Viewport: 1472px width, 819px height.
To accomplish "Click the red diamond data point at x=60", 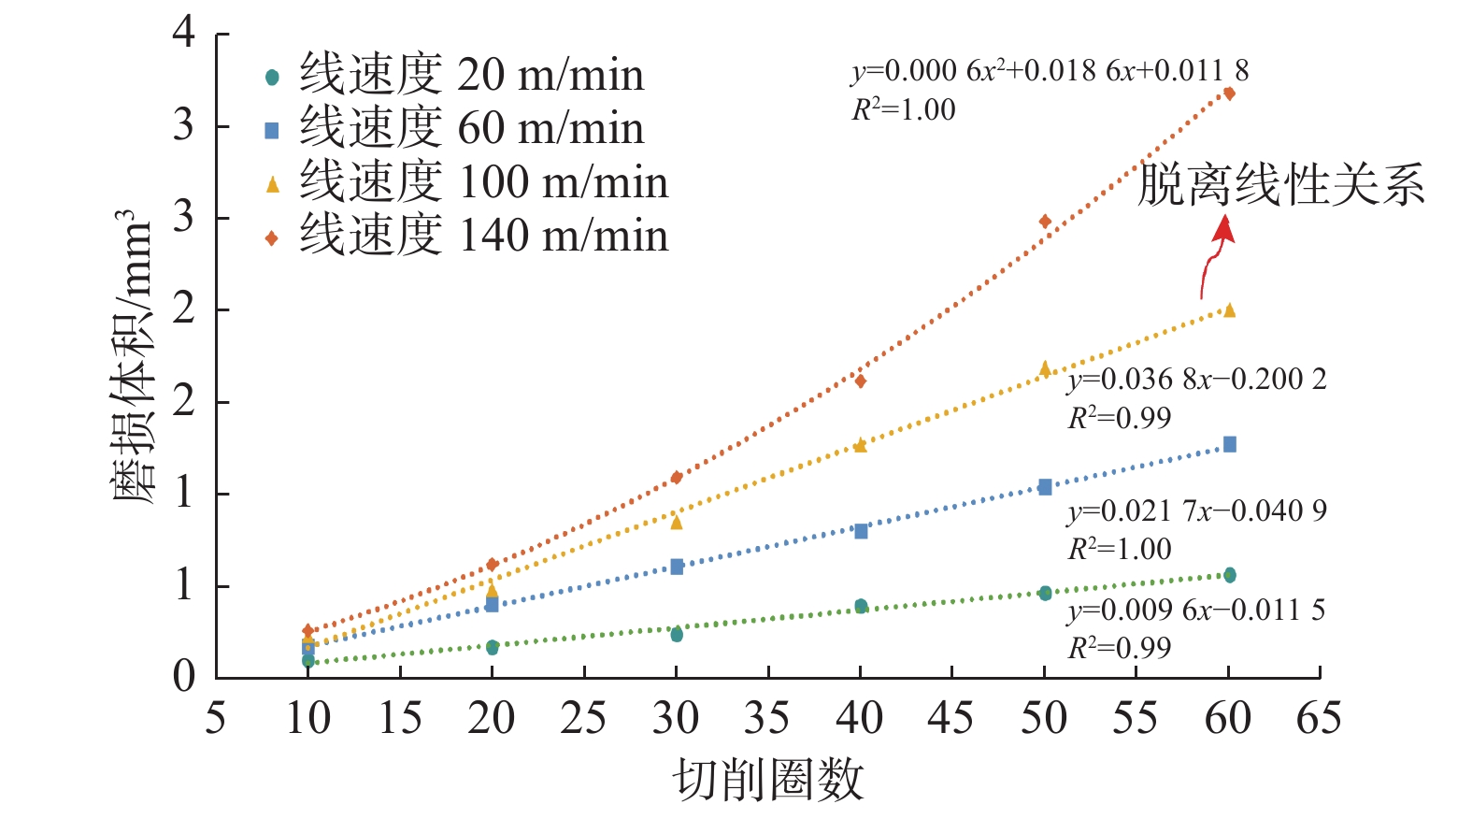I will [1229, 93].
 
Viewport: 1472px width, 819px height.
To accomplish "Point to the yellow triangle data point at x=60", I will [1229, 310].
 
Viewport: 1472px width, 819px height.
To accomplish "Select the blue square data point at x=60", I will [1229, 444].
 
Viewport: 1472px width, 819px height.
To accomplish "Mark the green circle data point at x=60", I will [1229, 575].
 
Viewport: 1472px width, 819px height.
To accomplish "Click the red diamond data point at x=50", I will [1045, 222].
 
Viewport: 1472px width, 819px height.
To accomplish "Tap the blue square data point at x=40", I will [861, 531].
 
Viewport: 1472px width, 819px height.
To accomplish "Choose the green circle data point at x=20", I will [493, 647].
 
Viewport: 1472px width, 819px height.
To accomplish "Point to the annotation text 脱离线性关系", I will [1280, 184].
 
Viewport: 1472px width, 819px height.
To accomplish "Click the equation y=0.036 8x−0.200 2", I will [1197, 380].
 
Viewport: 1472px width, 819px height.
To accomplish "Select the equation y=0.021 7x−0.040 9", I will [1197, 511].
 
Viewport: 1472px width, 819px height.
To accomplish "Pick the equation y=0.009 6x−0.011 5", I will [1196, 611].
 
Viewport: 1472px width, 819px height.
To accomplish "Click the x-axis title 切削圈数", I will [767, 780].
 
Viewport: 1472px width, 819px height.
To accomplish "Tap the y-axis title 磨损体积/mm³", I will [132, 355].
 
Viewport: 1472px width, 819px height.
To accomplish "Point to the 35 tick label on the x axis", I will [767, 718].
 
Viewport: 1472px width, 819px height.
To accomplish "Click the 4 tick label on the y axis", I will [184, 33].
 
